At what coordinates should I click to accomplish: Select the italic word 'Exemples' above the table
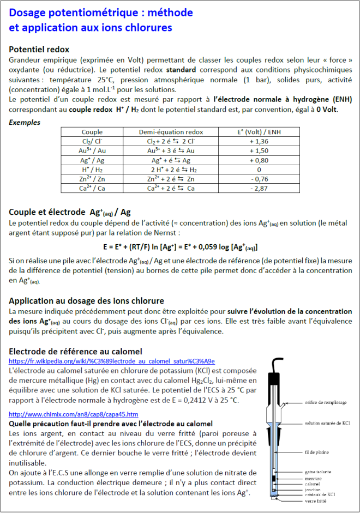(25, 122)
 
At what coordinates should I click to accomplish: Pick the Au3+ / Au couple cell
(92, 150)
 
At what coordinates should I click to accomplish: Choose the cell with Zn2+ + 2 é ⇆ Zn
(171, 179)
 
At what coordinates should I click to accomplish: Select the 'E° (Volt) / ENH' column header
(258, 132)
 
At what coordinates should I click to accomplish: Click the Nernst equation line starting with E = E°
(180, 246)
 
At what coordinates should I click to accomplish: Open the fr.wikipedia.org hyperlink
(112, 361)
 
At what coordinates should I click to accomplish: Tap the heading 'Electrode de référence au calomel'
(75, 352)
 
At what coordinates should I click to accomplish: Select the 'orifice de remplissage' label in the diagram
(326, 403)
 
